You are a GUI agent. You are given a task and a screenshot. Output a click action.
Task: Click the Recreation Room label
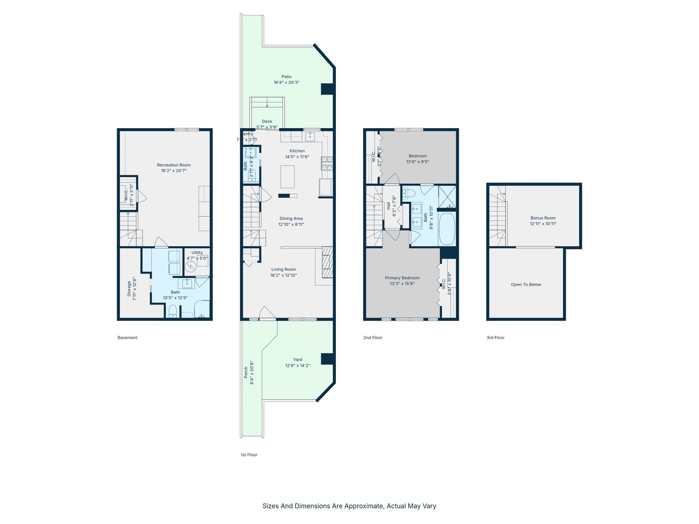click(x=174, y=165)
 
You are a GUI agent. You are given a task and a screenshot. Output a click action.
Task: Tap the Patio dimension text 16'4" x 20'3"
click(x=286, y=82)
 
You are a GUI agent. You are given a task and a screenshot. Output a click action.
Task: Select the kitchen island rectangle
click(x=287, y=177)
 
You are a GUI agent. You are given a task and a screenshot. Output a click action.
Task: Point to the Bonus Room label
click(x=543, y=218)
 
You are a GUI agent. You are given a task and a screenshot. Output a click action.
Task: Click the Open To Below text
click(x=526, y=284)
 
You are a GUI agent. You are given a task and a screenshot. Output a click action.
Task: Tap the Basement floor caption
click(x=127, y=338)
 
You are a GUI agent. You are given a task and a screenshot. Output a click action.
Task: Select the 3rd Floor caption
click(x=496, y=338)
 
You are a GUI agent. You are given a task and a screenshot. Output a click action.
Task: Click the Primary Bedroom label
click(x=402, y=278)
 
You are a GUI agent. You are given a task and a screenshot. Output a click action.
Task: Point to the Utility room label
click(x=197, y=252)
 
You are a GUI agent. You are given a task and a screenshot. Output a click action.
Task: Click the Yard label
click(x=298, y=360)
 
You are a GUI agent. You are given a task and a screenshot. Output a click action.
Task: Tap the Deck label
click(x=267, y=121)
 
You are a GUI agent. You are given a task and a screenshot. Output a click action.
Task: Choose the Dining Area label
click(x=291, y=218)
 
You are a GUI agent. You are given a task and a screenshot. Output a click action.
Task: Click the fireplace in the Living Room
click(x=327, y=262)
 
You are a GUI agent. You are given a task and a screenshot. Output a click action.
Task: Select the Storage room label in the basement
click(x=129, y=289)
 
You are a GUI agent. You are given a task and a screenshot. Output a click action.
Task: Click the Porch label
click(x=246, y=373)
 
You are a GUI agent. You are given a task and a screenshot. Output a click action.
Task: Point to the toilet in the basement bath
click(x=173, y=311)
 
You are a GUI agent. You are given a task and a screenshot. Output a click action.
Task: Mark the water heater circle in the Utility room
click(x=191, y=267)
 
